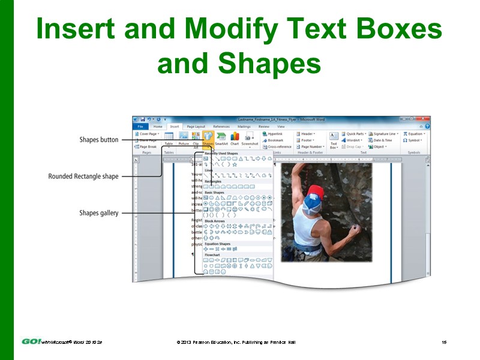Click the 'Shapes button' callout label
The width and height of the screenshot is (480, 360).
pos(99,140)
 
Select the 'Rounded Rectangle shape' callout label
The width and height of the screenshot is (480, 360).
pos(83,176)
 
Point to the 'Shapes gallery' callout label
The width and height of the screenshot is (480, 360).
pos(99,213)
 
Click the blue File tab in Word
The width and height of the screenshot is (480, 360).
pos(140,127)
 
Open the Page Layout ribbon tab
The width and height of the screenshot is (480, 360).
pos(195,127)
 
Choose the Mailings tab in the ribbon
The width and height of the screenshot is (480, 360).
pos(244,127)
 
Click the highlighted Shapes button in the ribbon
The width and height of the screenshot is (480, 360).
pos(208,139)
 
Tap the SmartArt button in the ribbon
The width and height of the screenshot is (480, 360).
pos(221,139)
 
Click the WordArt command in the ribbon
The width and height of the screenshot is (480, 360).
pos(352,140)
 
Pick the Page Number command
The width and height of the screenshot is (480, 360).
pos(311,146)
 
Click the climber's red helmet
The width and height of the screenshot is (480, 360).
pos(316,193)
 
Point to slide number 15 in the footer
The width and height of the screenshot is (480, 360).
pos(444,342)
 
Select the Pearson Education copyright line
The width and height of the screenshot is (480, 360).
pos(236,342)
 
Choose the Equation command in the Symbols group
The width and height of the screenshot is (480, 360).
pos(413,134)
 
